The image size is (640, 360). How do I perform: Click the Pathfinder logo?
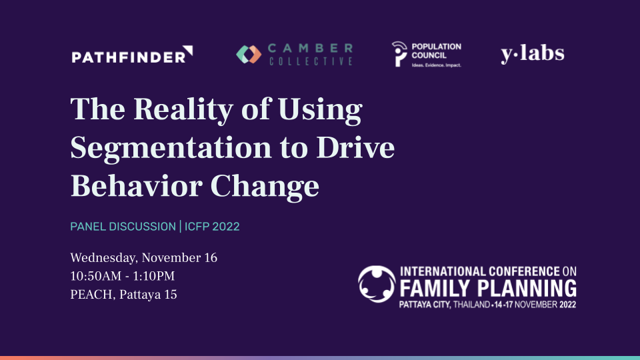(132, 55)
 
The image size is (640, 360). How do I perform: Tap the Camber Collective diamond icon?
(249, 54)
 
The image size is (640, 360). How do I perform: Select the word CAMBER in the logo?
(310, 48)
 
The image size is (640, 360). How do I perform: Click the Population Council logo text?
(436, 51)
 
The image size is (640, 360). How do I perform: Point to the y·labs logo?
(533, 54)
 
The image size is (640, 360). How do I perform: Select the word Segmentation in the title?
(171, 148)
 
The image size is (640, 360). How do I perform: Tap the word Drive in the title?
(355, 147)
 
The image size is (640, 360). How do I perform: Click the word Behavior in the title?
(136, 186)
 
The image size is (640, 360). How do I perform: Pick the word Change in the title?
(265, 187)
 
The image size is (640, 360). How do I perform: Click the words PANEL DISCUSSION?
(123, 227)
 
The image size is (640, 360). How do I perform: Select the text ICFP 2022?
(212, 227)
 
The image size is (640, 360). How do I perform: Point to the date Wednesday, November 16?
(144, 258)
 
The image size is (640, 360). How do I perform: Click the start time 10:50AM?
(96, 276)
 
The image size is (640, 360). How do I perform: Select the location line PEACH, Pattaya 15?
(124, 295)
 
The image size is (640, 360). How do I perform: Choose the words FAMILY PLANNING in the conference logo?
(488, 288)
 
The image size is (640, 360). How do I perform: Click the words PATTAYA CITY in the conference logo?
(425, 305)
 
